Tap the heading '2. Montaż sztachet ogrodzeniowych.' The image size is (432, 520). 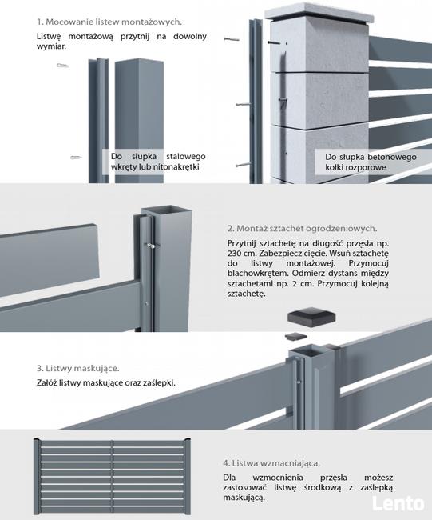pos(301,229)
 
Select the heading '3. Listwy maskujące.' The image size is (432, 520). pos(77,369)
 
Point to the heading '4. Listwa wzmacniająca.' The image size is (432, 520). pos(271,462)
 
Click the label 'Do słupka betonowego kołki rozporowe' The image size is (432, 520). pos(368,162)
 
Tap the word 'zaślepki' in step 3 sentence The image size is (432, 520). pos(157,382)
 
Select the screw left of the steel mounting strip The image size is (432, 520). pos(77,158)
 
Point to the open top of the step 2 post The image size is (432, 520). pos(157,214)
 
